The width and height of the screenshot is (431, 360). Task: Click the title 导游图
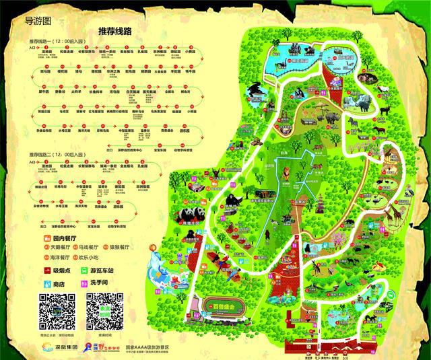(x=37, y=20)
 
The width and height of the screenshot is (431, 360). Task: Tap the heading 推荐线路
(x=114, y=31)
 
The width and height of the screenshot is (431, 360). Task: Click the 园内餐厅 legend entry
(x=67, y=238)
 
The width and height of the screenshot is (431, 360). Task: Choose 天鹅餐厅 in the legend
(x=55, y=247)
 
